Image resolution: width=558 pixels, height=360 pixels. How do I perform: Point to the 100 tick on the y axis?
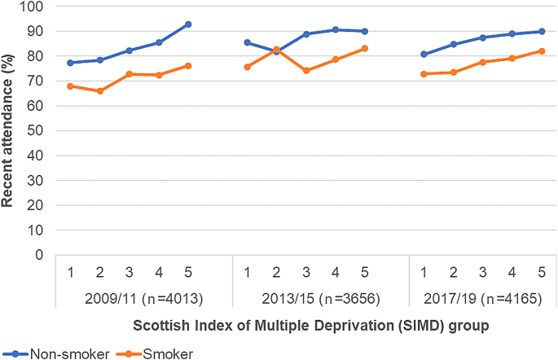[37, 7]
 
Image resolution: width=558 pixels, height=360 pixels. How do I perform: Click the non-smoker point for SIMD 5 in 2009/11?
[188, 24]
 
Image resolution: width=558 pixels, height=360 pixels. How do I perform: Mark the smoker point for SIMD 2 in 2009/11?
[99, 91]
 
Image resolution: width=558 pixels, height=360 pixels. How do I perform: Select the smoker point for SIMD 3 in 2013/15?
[305, 71]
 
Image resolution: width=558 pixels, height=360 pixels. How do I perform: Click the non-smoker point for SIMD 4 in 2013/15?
[335, 29]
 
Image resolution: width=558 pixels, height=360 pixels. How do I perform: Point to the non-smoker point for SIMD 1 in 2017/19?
[423, 55]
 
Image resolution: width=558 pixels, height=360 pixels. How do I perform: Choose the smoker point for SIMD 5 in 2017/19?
[541, 50]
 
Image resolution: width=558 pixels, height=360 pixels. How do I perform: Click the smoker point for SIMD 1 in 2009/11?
[70, 86]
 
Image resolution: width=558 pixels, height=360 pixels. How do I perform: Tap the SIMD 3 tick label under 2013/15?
[305, 269]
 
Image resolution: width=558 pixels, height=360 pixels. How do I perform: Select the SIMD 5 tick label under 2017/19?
[541, 269]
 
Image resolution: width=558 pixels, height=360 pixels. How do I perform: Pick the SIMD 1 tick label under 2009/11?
[70, 269]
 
